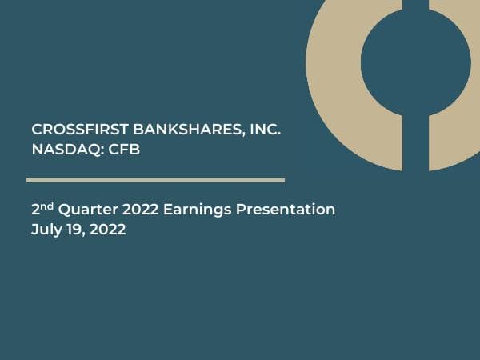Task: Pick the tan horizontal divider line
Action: (155, 179)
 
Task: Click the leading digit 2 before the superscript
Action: (35, 210)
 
